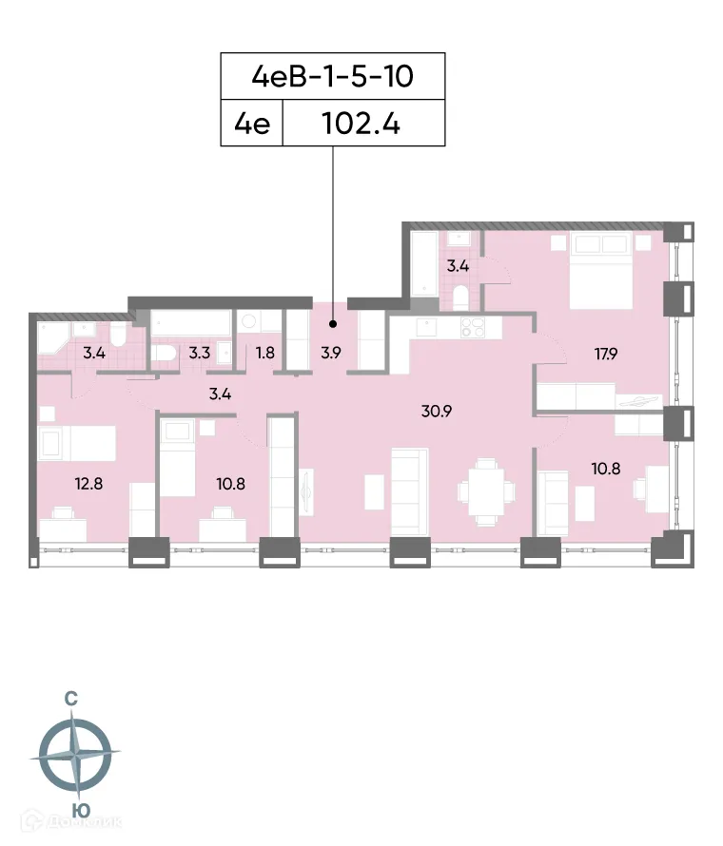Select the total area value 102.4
tap(364, 125)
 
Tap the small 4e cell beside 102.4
tap(252, 125)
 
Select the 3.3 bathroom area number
tap(199, 353)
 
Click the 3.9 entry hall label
tap(330, 353)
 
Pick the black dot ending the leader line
tap(333, 297)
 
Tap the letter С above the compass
tap(71, 699)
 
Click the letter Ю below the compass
tap(83, 811)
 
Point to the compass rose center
tap(75, 756)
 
